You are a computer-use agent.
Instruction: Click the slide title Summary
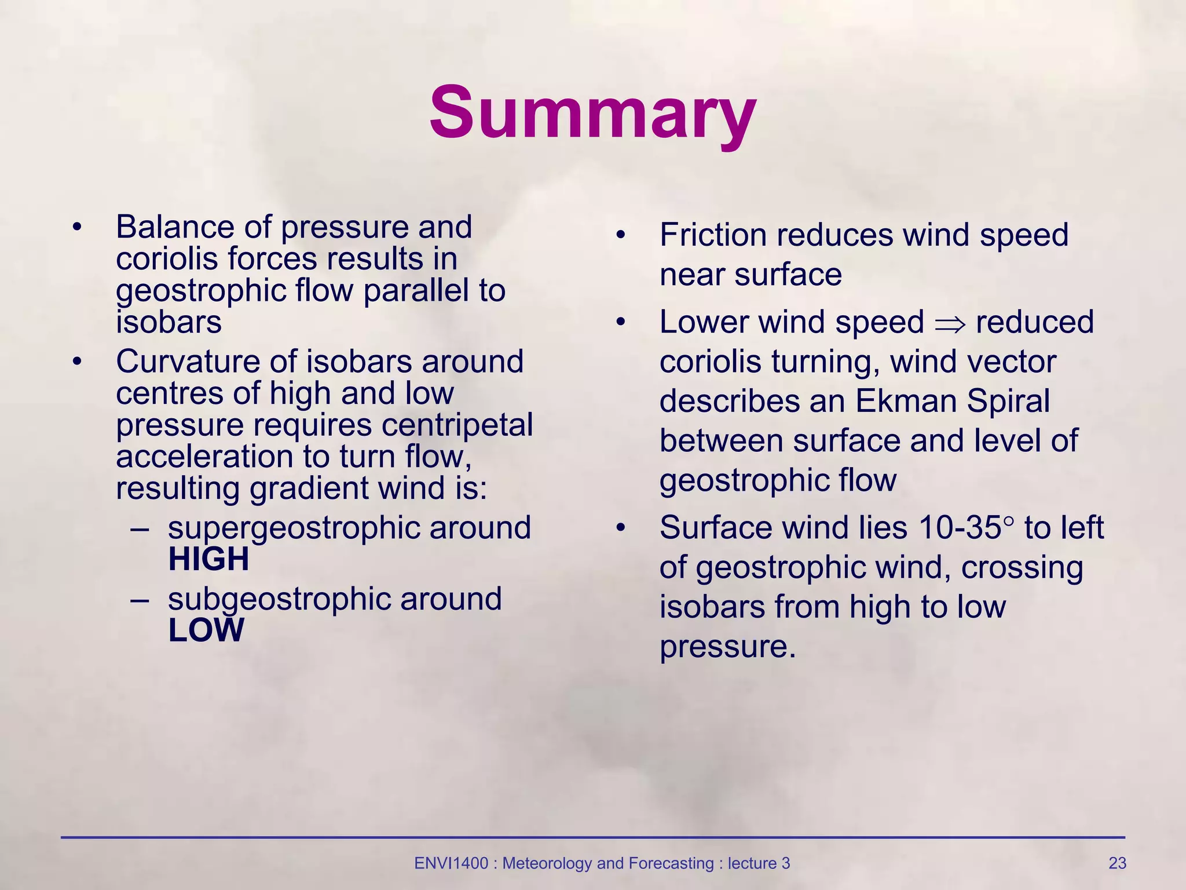tap(592, 112)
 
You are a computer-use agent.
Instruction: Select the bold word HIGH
tap(208, 559)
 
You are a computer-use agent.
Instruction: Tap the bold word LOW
tap(206, 630)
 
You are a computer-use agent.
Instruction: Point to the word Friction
tap(713, 235)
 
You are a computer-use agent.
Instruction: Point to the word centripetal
tap(457, 425)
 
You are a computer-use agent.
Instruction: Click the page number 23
tap(1117, 863)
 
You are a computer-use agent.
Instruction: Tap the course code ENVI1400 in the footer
tap(451, 863)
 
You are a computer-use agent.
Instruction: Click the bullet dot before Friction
tap(621, 235)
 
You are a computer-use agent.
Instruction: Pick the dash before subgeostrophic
tap(140, 599)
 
